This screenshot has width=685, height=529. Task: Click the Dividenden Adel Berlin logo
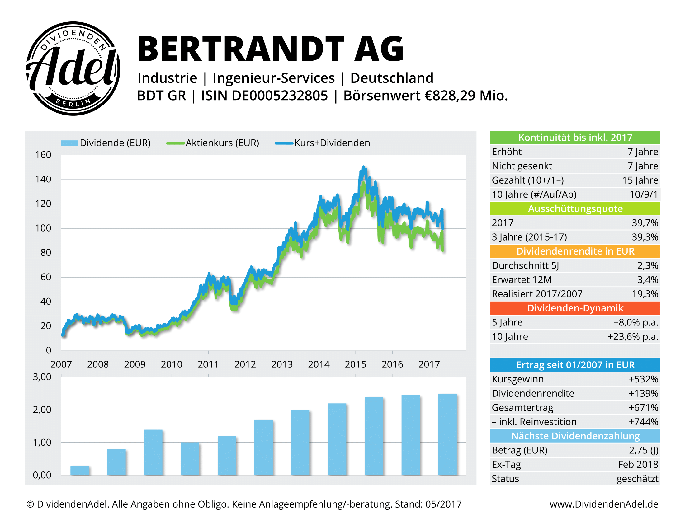coord(73,68)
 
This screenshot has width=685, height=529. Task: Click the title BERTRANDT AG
coord(270,49)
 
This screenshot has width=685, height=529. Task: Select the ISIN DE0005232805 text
coord(264,96)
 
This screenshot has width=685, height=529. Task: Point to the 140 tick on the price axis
coord(43,179)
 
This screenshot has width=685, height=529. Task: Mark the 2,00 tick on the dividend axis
coord(42,410)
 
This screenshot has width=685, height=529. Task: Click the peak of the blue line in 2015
coord(363,167)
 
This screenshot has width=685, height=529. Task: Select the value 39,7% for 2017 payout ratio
coord(644,223)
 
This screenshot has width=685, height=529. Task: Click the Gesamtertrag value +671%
coord(643,408)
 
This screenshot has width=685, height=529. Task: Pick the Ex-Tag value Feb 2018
coord(638,465)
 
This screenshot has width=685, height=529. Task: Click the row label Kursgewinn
coord(517,379)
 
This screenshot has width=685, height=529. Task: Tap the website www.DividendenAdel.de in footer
coord(603,504)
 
